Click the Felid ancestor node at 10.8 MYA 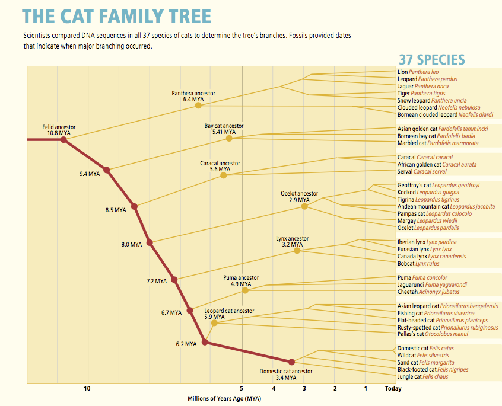point(63,140)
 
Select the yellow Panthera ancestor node point(198,106)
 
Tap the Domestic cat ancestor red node point(291,362)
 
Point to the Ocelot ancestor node point(304,206)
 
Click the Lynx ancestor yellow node point(297,251)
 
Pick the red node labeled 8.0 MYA point(150,242)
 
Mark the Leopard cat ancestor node point(214,322)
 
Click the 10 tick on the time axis point(87,389)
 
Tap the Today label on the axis point(393,389)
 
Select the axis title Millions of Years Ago point(224,399)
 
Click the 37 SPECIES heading point(431,59)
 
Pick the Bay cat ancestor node point(229,139)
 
